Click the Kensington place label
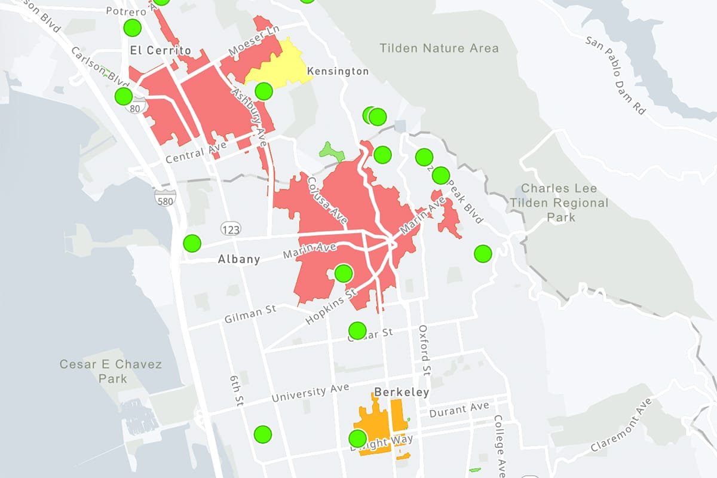point(338,72)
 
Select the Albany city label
point(239,259)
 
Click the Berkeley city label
point(402,393)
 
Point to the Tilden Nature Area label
point(439,48)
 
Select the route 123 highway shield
point(230,228)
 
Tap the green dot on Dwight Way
point(357,438)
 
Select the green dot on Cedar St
point(357,330)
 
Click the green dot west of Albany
point(192,243)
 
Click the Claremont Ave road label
point(621,425)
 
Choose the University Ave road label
point(310,393)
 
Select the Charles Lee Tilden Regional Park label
point(559,203)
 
